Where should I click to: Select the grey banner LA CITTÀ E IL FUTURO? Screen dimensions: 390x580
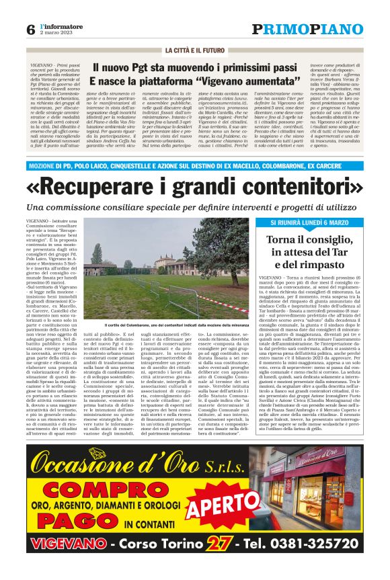pos(196,50)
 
